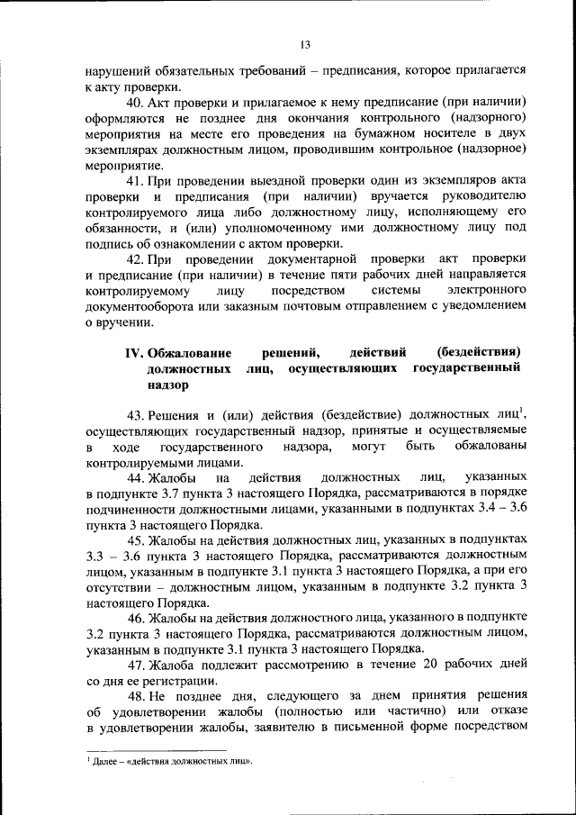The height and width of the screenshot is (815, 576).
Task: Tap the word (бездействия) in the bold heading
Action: [x=479, y=352]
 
